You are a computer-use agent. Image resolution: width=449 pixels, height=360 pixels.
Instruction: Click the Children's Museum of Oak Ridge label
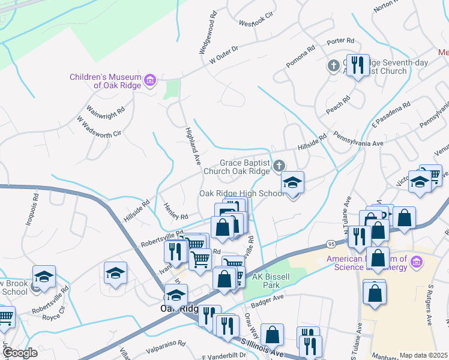click(104, 81)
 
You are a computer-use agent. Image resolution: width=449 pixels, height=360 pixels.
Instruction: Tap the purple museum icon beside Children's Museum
click(150, 80)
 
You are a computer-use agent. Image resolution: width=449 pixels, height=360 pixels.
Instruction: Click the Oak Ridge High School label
click(241, 193)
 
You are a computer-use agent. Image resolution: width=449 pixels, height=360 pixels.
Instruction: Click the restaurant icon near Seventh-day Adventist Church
click(358, 65)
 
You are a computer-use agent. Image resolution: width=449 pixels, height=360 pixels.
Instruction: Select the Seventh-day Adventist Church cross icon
click(333, 65)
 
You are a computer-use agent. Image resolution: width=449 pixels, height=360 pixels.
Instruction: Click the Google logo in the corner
click(19, 353)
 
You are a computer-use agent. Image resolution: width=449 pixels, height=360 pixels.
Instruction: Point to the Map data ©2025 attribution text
click(423, 355)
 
